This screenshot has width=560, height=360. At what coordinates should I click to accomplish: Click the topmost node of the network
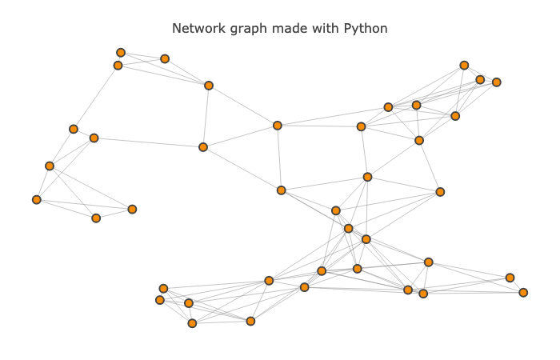point(121,53)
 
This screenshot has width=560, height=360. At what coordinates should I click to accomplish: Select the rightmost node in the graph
point(523,293)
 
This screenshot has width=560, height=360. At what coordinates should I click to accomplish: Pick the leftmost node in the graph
point(37,200)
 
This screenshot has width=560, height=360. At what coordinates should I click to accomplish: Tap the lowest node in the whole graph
point(192,323)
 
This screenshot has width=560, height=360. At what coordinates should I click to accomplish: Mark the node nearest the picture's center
point(282,190)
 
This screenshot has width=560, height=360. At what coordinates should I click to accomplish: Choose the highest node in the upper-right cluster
point(464,66)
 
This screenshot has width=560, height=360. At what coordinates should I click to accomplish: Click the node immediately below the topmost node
point(118,66)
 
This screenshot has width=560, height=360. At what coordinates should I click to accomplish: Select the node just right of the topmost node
point(165,59)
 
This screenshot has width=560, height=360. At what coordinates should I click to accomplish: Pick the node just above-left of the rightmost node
point(510,278)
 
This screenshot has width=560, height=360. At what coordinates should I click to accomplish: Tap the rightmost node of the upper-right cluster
point(497,82)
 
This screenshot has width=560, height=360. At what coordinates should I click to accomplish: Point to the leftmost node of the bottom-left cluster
point(160,300)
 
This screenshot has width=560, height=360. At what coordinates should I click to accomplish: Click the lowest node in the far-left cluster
point(96,218)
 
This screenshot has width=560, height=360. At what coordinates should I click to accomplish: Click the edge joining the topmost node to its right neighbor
point(142,56)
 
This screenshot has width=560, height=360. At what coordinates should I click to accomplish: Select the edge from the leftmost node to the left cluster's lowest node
point(66,209)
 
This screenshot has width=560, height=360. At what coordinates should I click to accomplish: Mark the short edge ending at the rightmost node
point(517,286)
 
